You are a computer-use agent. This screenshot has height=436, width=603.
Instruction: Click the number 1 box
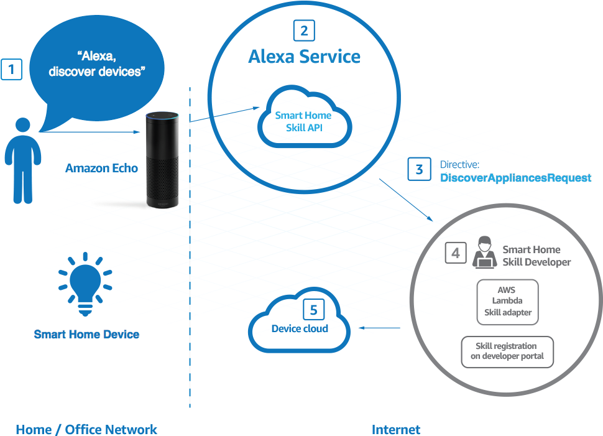point(12,69)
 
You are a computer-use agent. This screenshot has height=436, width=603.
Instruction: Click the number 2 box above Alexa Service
point(303,30)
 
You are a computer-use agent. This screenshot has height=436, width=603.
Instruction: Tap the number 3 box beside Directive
point(419,169)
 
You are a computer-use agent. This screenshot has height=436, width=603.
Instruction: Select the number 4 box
point(456,253)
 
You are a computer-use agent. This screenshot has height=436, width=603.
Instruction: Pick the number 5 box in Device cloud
point(314,310)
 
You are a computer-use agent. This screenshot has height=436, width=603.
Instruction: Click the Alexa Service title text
point(304,57)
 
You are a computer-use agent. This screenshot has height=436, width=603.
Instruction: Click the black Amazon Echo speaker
point(162,158)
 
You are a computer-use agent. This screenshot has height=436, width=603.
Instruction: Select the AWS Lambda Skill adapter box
point(507,301)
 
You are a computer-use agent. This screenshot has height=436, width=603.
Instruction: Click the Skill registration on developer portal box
point(507,351)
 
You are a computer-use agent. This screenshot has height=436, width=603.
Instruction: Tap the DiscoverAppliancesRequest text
point(515,178)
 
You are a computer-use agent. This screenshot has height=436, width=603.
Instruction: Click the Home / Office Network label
point(86,429)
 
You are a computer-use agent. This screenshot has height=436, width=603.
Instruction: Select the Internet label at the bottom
point(395,429)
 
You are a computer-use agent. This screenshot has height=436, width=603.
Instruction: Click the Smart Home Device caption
point(86,335)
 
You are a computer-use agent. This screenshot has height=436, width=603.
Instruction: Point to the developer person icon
point(484,253)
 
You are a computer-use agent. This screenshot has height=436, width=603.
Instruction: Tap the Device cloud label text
point(300,328)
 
